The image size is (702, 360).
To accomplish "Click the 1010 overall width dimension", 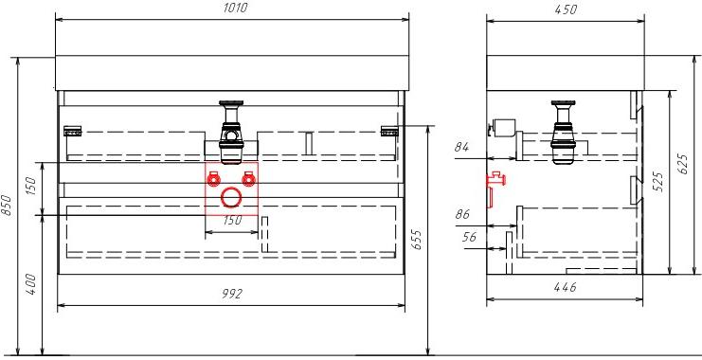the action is tap(235, 8).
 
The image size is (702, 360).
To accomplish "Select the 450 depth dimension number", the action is tap(566, 9).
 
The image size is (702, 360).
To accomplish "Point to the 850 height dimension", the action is tap(7, 206).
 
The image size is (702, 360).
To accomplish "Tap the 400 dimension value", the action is tap(30, 285).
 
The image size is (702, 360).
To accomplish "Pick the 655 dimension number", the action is tap(416, 240).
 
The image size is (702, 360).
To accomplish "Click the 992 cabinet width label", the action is tap(232, 294).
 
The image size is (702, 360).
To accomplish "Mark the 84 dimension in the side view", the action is tap(461, 147).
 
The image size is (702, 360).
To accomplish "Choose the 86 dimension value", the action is tap(462, 214).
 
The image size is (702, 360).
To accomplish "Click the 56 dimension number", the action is tap(470, 237).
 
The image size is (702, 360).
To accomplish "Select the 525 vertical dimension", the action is tap(657, 182).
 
